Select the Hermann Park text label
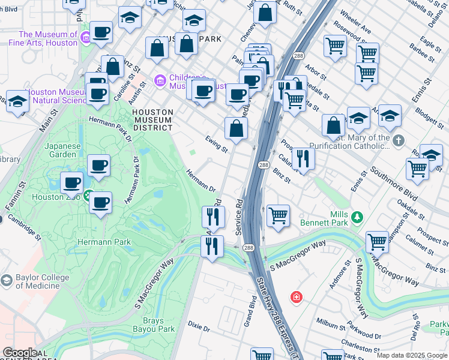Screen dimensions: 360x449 coord(104,242)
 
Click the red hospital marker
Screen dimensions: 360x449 coord(295,297)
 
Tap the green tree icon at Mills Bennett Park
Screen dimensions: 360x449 coord(357,215)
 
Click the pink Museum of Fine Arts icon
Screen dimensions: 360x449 coord(86,38)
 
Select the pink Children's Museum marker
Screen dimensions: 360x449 coord(160,80)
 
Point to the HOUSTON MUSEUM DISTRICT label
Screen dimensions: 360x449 coord(152,120)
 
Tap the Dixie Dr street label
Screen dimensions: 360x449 coord(199,328)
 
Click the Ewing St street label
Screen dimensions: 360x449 coord(217,144)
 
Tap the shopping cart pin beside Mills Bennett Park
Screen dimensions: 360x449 coord(277,215)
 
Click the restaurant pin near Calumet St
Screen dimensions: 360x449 coord(303,158)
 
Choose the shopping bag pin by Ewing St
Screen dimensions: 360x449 coord(237,128)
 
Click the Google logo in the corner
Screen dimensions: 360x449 coord(19,352)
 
